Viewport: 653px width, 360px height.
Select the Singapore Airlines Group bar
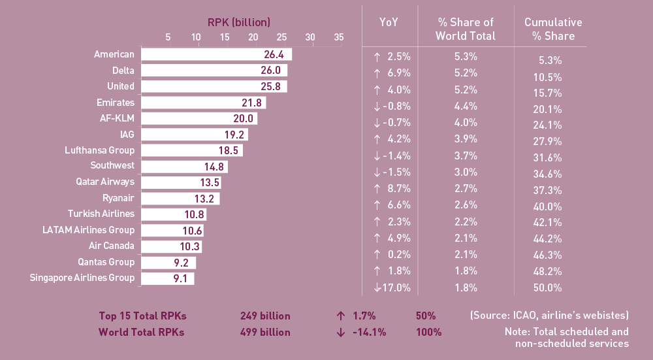[168, 278]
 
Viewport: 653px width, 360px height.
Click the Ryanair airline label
[118, 198]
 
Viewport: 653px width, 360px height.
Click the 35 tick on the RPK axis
[338, 37]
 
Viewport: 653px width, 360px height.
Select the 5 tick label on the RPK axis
[168, 37]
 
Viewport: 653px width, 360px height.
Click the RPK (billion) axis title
[238, 22]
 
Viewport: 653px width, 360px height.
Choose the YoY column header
[389, 22]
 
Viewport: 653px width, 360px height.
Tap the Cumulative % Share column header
[553, 29]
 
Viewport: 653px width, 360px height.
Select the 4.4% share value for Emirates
[466, 106]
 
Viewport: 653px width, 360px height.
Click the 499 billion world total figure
[266, 332]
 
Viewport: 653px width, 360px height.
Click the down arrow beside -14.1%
[340, 332]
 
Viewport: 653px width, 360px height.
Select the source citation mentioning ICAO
[549, 316]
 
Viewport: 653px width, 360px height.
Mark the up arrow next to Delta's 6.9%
[377, 73]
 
